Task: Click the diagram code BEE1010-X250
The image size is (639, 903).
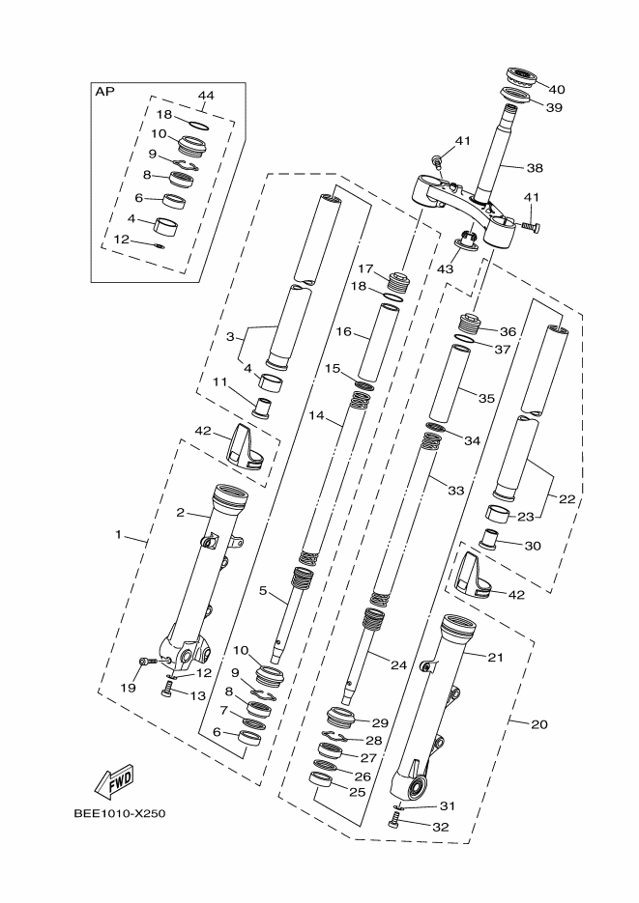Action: click(x=120, y=813)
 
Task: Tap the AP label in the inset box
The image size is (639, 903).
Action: click(x=103, y=93)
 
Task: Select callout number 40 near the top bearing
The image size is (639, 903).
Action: click(x=557, y=89)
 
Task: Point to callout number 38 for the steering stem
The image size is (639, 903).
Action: click(x=535, y=167)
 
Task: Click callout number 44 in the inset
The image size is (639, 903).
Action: click(x=206, y=96)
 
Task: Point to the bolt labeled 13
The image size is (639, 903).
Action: click(x=167, y=688)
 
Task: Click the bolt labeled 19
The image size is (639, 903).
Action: click(x=146, y=662)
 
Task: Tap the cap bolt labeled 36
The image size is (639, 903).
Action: click(x=471, y=323)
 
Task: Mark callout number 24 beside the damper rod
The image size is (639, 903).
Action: click(x=398, y=664)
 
